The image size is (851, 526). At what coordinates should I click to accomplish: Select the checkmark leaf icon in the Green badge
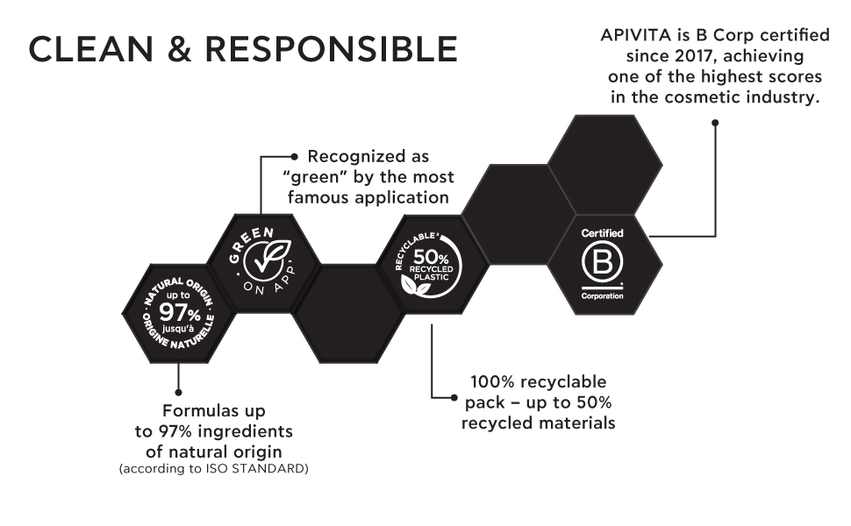point(261,259)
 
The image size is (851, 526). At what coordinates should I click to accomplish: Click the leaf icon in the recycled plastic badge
point(413,283)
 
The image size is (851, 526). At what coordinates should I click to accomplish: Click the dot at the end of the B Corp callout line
point(715,124)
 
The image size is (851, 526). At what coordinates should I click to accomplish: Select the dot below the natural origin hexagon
point(178,391)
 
